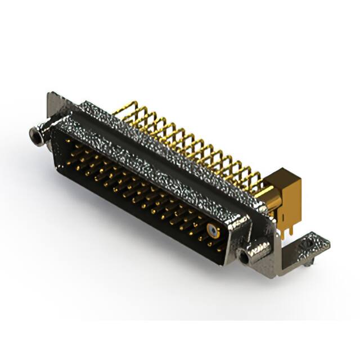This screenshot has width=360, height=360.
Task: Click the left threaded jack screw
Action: [37, 135]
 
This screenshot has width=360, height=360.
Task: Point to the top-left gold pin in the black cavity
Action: [69, 141]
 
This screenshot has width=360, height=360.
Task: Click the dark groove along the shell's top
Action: [163, 141]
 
